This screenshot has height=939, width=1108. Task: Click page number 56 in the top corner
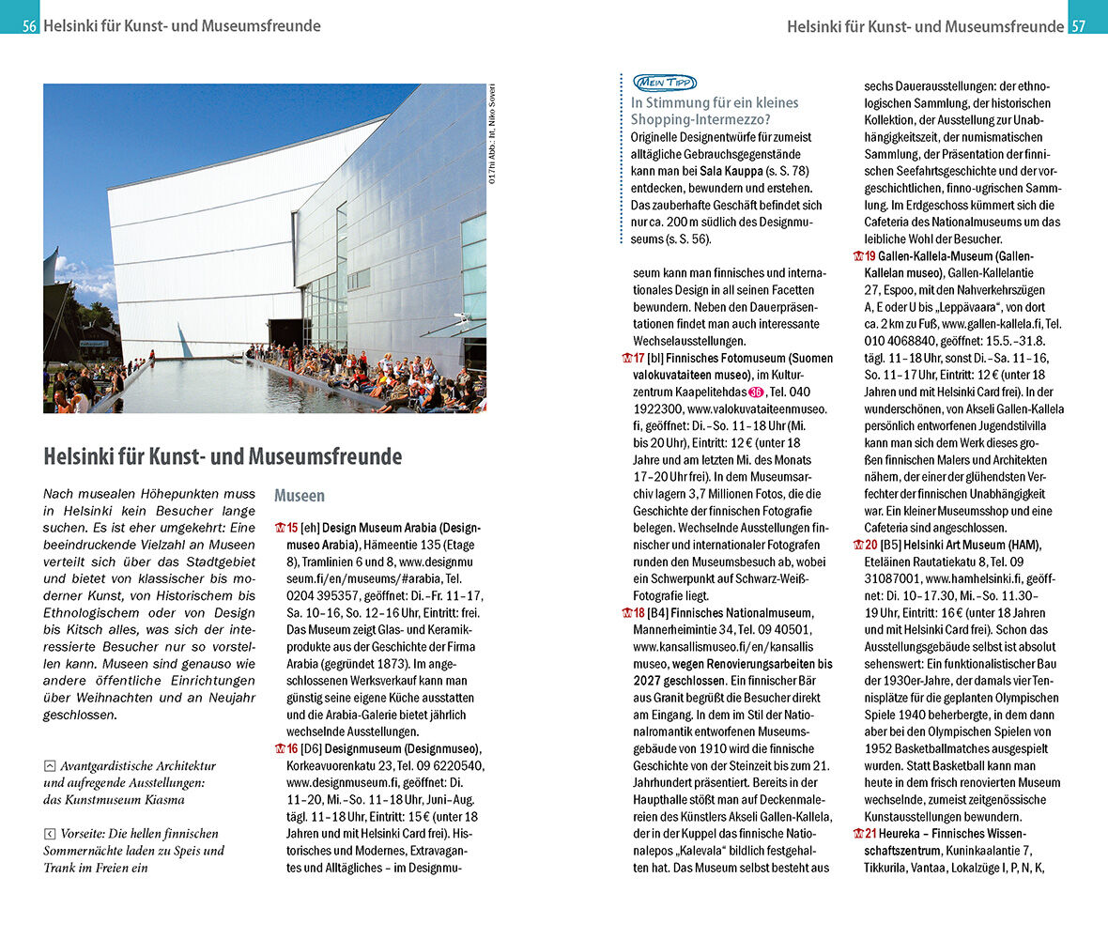pyautogui.click(x=30, y=26)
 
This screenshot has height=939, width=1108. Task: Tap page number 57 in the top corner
pyautogui.click(x=1079, y=26)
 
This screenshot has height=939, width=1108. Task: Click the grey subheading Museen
pyautogui.click(x=300, y=495)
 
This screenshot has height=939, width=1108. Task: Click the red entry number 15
pyautogui.click(x=290, y=528)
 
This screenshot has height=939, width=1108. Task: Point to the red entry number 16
pyautogui.click(x=290, y=748)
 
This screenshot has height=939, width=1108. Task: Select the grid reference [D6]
pyautogui.click(x=311, y=748)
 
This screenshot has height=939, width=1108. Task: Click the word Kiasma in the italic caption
pyautogui.click(x=164, y=799)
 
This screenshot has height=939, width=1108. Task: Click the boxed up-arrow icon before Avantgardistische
pyautogui.click(x=50, y=766)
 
